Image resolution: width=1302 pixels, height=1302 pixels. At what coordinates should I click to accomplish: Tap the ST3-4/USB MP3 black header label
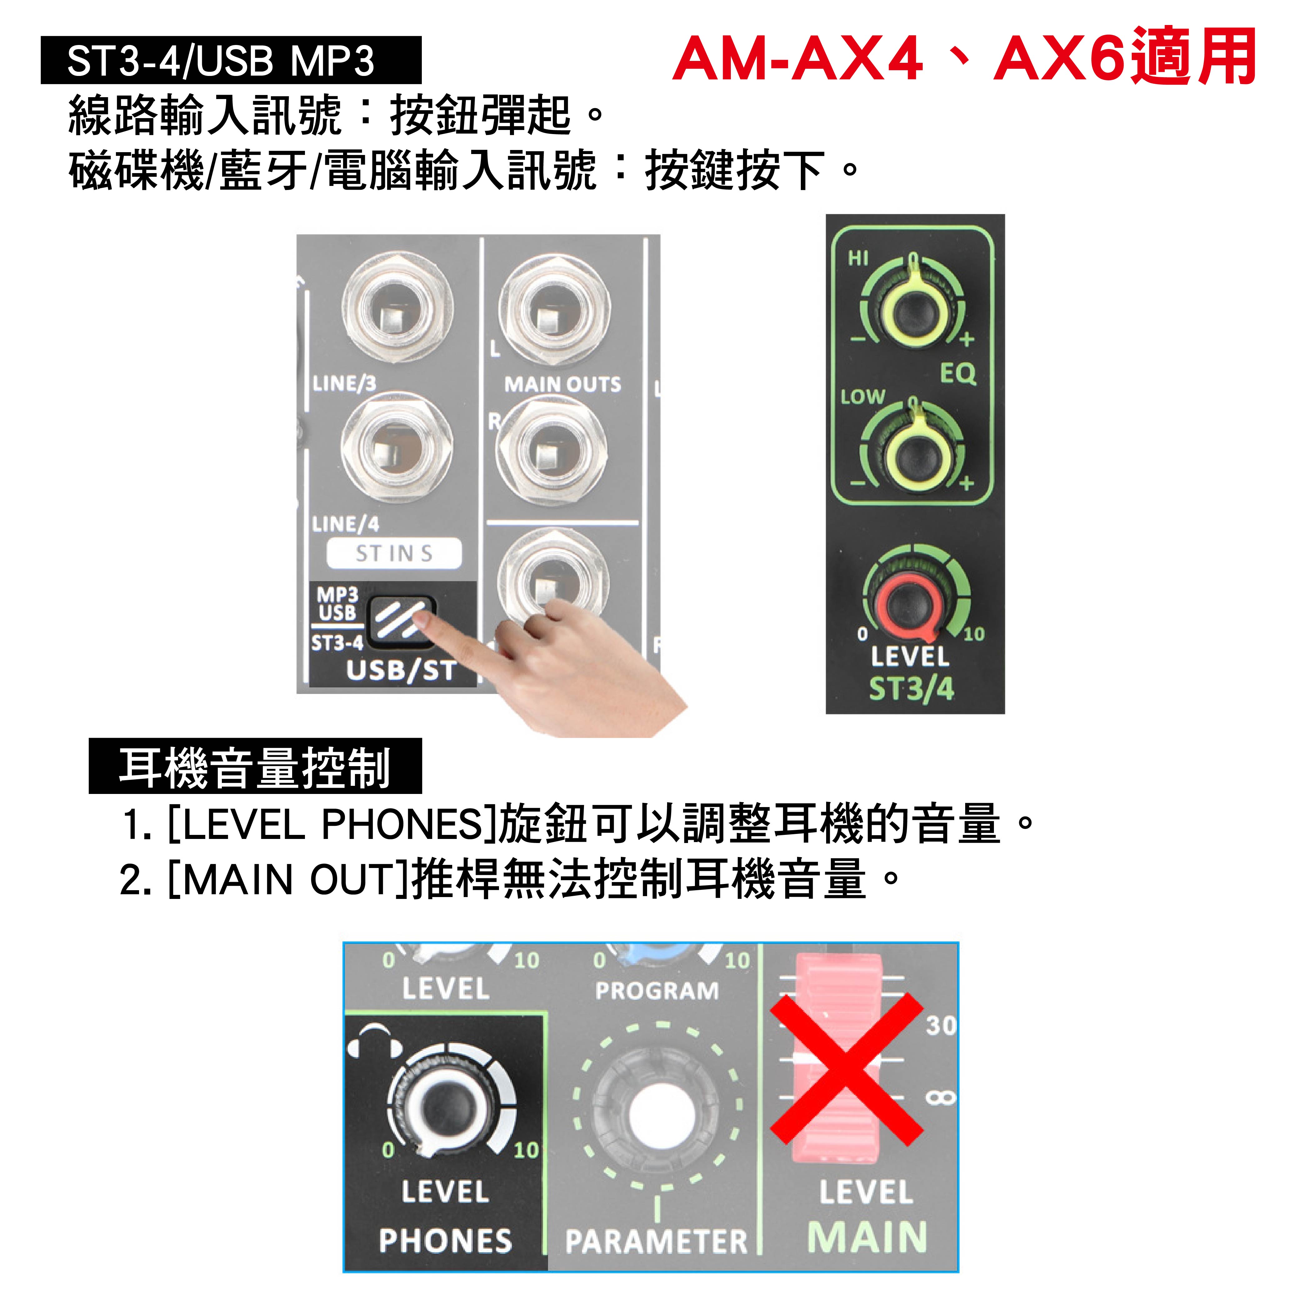[231, 60]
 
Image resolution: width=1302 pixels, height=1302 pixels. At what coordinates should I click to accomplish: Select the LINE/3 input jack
[397, 309]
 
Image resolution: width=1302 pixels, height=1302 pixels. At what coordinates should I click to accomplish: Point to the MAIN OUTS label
[563, 384]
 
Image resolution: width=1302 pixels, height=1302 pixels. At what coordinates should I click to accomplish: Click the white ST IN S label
[394, 553]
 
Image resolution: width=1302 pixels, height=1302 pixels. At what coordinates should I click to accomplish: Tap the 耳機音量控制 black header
[255, 766]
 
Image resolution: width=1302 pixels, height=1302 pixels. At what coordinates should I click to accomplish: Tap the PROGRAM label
[657, 991]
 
